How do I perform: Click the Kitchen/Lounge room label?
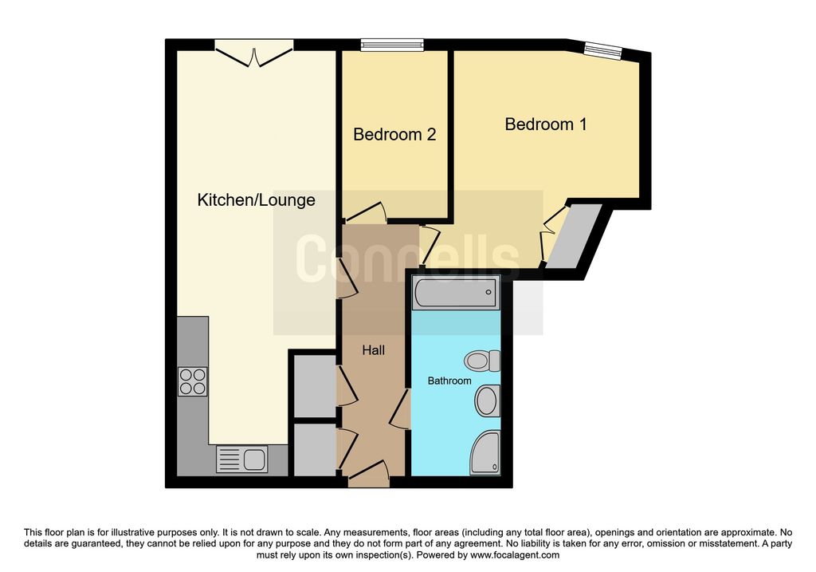coord(256,200)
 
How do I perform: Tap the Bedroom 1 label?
coord(546,124)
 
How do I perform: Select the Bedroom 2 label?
coord(394,134)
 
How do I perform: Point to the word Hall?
coord(373,350)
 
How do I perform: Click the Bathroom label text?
coord(449,381)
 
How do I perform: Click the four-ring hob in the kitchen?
coord(193,381)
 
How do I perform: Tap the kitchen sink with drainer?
coord(242,460)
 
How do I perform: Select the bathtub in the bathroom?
coord(456,293)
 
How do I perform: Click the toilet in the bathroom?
coord(482,361)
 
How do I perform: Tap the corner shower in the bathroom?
coord(485,452)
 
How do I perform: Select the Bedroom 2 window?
coord(393,45)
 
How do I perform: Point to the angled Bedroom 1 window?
coord(603,50)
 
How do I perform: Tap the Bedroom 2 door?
coord(364,212)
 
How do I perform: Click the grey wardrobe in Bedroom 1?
coord(574,235)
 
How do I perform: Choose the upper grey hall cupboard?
coord(315,386)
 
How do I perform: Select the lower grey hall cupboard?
coord(315,450)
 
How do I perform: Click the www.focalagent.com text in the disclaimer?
coord(515,555)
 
